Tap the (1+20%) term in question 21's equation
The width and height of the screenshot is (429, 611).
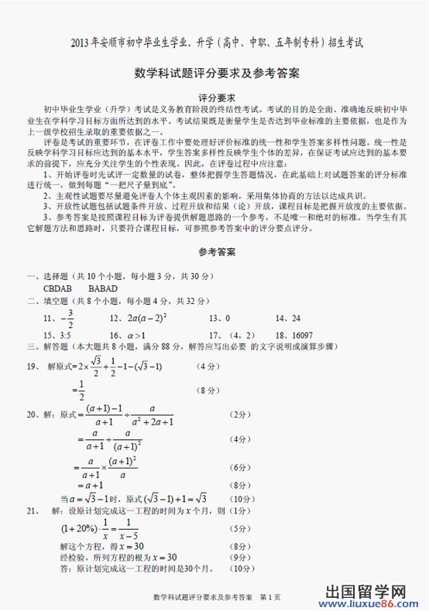pos(78,529)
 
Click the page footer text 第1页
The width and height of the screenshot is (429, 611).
pos(269,598)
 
